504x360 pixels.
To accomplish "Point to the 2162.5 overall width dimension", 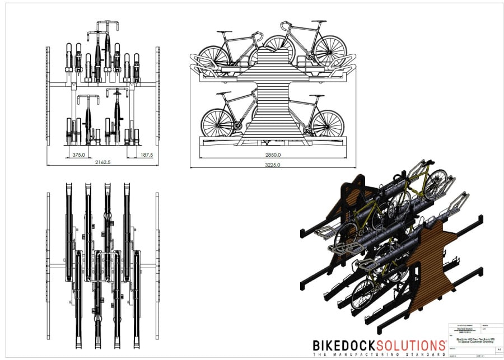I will click(103, 163).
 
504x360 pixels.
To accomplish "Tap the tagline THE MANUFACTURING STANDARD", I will click(378, 355).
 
